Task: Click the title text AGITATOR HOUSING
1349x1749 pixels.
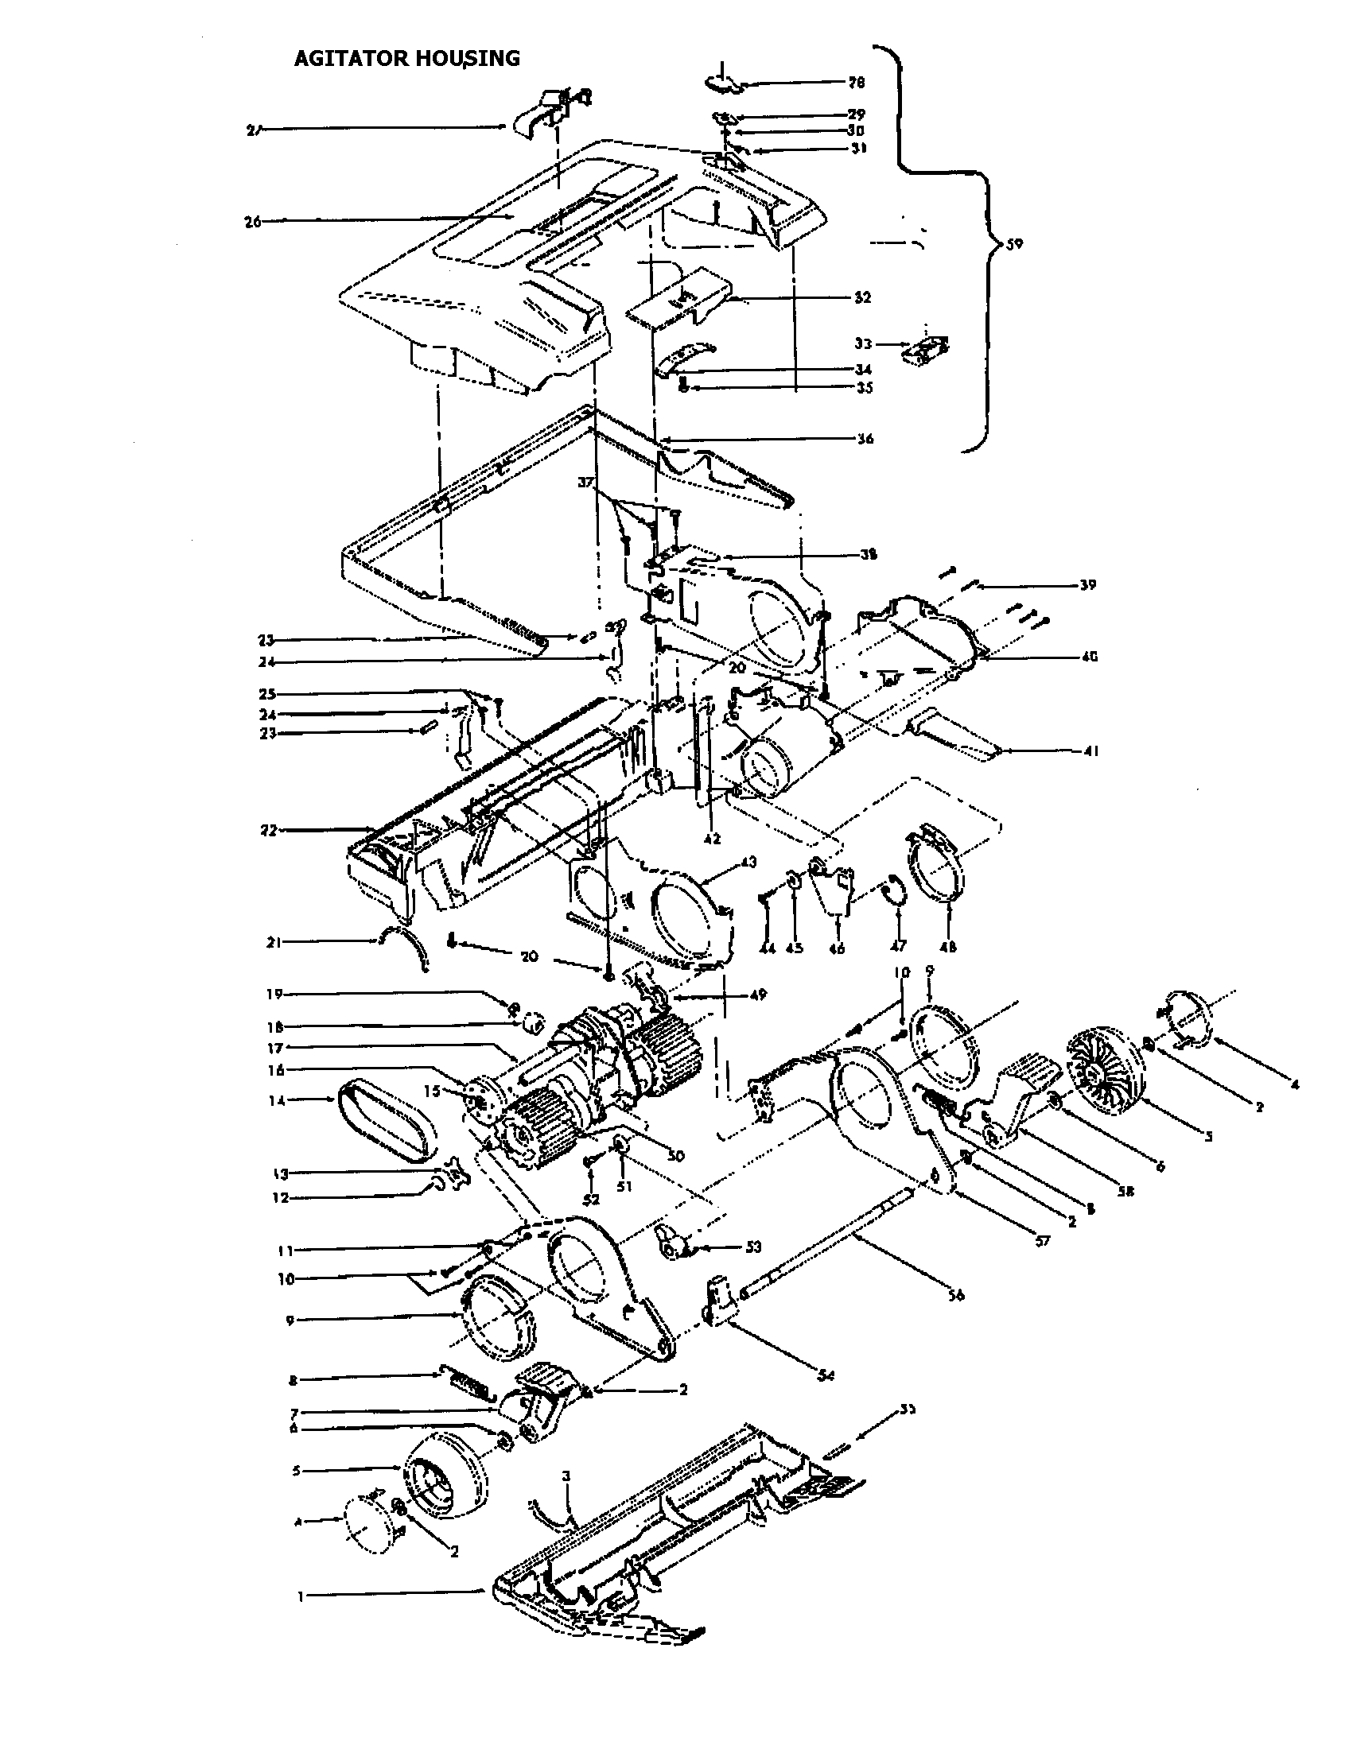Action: pos(406,58)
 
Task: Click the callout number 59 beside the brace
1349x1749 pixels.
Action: pos(1013,243)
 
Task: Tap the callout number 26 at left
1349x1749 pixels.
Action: pos(253,222)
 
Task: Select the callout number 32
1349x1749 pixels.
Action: pos(862,297)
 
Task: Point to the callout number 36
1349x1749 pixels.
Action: pos(865,439)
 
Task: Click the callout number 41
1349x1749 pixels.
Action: pos(1091,751)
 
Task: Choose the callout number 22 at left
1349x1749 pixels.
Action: pos(269,831)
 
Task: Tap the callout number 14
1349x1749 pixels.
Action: pos(277,1100)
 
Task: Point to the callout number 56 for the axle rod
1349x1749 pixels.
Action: pos(957,1295)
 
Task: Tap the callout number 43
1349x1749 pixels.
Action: pos(748,862)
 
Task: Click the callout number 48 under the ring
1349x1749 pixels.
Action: pos(948,948)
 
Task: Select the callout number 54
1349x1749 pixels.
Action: pos(826,1376)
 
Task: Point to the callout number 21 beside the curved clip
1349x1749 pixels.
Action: pos(272,943)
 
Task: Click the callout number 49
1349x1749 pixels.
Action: pos(759,995)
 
